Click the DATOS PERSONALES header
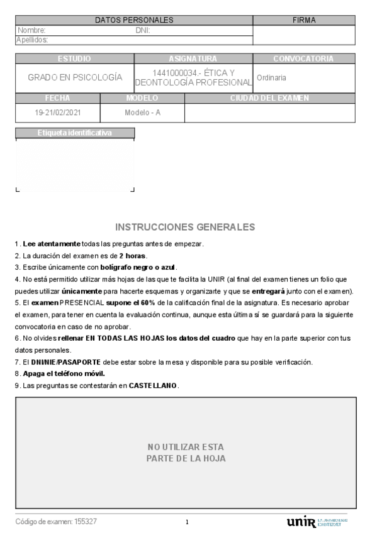(134, 20)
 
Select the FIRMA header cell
(304, 20)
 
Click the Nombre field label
(31, 30)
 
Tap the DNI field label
(142, 30)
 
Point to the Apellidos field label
(32, 40)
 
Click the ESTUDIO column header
(74, 59)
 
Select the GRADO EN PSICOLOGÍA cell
(75, 78)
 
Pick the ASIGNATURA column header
(193, 59)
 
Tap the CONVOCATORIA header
(303, 59)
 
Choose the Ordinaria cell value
(272, 78)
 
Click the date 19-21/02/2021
(58, 113)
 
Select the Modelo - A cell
(142, 113)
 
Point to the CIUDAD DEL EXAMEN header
(269, 98)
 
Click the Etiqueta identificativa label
(74, 133)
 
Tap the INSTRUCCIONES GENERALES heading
(185, 227)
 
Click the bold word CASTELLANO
(153, 385)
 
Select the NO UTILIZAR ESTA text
(186, 447)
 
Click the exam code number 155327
(86, 522)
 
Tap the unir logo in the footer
(300, 522)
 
